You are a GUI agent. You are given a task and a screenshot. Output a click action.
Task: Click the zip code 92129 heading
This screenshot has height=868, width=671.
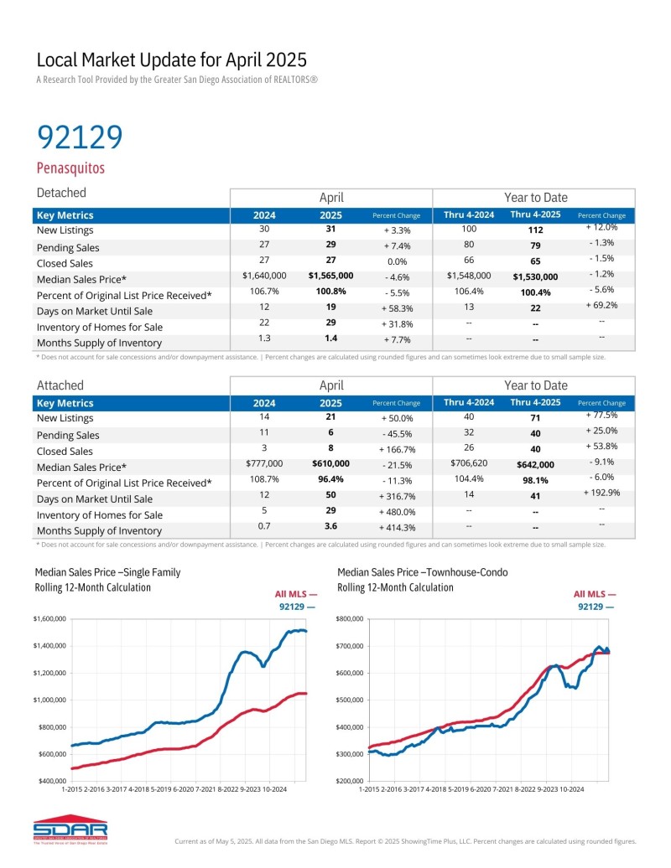point(80,137)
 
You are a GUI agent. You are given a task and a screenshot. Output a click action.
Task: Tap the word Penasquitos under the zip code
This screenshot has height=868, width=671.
point(70,168)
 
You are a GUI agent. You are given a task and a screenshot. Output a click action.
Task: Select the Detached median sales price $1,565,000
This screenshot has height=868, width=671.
point(330,276)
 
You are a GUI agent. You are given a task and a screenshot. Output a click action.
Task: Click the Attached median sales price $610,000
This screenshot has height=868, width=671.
point(330,463)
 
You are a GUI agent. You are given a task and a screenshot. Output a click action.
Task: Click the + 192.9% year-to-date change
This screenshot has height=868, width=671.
point(601,493)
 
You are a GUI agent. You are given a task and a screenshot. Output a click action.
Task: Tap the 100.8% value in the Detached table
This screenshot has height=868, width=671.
point(330,292)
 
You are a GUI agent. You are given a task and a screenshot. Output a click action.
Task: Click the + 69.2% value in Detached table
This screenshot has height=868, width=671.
point(601,305)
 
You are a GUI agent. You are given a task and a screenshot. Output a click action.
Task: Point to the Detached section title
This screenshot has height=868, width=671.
point(61,194)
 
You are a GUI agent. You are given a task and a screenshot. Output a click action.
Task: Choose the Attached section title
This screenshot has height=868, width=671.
point(60,385)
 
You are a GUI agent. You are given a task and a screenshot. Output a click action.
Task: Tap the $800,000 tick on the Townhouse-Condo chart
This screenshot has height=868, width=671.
point(349,619)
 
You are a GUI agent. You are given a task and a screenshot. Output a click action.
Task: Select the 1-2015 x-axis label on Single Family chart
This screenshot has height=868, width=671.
point(74,789)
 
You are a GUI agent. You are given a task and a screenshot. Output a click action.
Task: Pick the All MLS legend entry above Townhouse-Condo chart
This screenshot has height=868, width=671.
point(595,593)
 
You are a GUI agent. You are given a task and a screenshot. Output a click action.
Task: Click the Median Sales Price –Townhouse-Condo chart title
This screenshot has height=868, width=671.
point(423,572)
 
